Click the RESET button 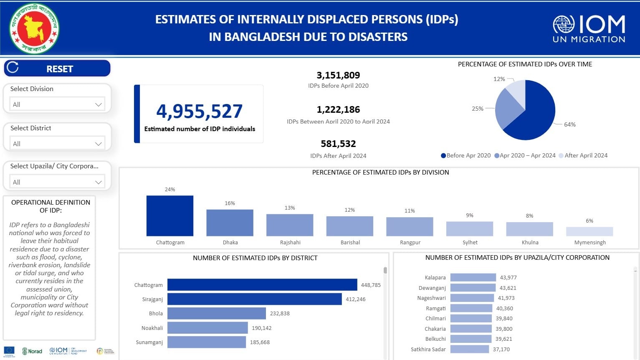point(57,68)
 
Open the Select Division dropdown point(57,104)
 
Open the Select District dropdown point(57,144)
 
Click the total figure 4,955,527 point(199,111)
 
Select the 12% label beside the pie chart point(499,79)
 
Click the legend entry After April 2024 point(586,155)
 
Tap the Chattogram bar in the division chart point(170,216)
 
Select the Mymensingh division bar point(589,231)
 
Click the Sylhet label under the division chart point(470,242)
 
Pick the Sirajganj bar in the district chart point(254,299)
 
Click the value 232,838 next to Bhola point(280,313)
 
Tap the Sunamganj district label point(149,342)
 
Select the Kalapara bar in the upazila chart point(473,277)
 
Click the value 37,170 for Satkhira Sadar point(501,349)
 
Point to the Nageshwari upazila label point(431,298)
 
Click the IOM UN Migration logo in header point(589,28)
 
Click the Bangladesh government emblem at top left point(34,28)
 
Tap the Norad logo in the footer point(32,351)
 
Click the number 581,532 point(338,144)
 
